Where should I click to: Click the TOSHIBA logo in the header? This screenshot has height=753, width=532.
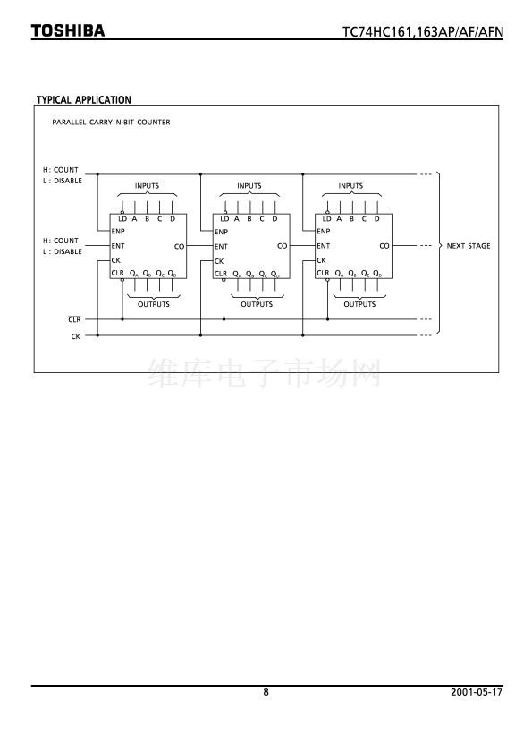tap(68, 30)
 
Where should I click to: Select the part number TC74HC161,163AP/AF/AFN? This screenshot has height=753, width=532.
tap(423, 31)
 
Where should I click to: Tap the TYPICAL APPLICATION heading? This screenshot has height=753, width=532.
tap(83, 100)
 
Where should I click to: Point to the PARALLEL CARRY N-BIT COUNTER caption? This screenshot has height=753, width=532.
tap(111, 122)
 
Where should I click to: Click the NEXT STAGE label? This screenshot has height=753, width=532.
tap(469, 246)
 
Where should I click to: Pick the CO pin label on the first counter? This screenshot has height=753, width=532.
tap(179, 246)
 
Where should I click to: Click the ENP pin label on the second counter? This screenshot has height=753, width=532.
tap(221, 232)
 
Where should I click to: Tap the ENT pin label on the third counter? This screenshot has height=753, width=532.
tap(323, 246)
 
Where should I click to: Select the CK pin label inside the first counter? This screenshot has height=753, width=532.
tap(115, 260)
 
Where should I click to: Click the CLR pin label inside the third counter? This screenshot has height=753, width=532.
tap(323, 273)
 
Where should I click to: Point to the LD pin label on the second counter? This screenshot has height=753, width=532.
tap(224, 219)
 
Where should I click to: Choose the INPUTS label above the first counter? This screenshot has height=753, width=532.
tap(147, 186)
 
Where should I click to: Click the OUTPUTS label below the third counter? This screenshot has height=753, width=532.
tap(359, 304)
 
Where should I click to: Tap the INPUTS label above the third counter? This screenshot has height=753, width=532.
tap(350, 186)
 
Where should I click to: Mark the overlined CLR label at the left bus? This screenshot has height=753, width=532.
tap(74, 319)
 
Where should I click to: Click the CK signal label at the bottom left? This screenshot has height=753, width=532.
tap(75, 336)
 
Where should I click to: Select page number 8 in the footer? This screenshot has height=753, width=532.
tap(266, 692)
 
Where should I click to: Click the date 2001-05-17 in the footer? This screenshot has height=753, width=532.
tap(477, 692)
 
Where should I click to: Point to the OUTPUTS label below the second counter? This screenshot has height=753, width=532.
tap(257, 304)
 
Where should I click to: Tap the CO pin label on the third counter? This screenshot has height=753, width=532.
tap(384, 246)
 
